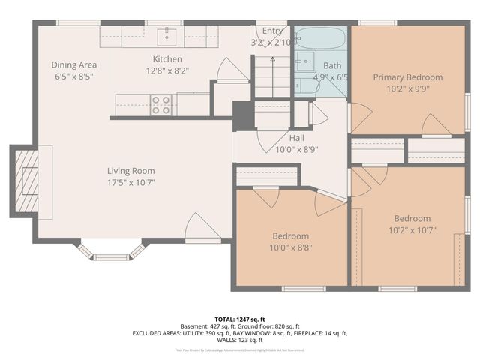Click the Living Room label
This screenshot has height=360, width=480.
click(130, 170)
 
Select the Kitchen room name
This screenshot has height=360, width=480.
click(167, 59)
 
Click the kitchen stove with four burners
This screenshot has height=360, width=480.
click(160, 104)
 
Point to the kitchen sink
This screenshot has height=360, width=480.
click(166, 34)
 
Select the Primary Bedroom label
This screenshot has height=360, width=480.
click(408, 76)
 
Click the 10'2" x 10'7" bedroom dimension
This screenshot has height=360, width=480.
click(412, 230)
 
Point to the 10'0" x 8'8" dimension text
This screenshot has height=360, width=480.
click(291, 247)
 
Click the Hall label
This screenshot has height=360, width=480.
click(297, 137)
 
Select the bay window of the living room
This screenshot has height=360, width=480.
click(111, 249)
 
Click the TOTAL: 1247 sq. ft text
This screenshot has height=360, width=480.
click(239, 319)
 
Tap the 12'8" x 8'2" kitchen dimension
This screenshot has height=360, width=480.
click(167, 70)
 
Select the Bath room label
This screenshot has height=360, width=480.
click(331, 65)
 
